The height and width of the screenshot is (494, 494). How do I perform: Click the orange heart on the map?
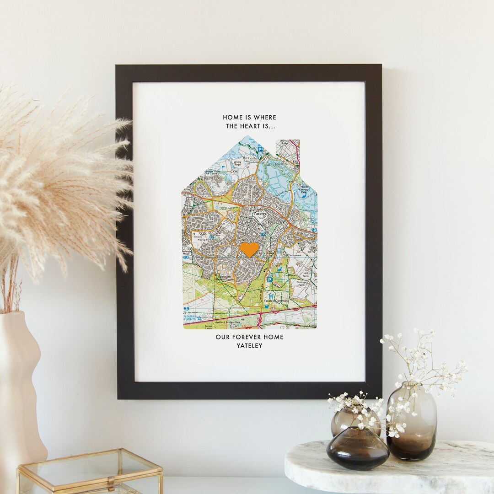coord(249,249)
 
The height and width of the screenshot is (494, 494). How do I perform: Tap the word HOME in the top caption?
coord(233,118)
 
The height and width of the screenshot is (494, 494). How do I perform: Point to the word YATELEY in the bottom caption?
coord(249,346)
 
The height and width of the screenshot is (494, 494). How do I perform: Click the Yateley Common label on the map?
coord(281,301)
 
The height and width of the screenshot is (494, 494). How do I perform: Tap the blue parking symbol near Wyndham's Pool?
coord(269,279)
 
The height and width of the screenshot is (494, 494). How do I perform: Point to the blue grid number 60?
coord(186,258)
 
